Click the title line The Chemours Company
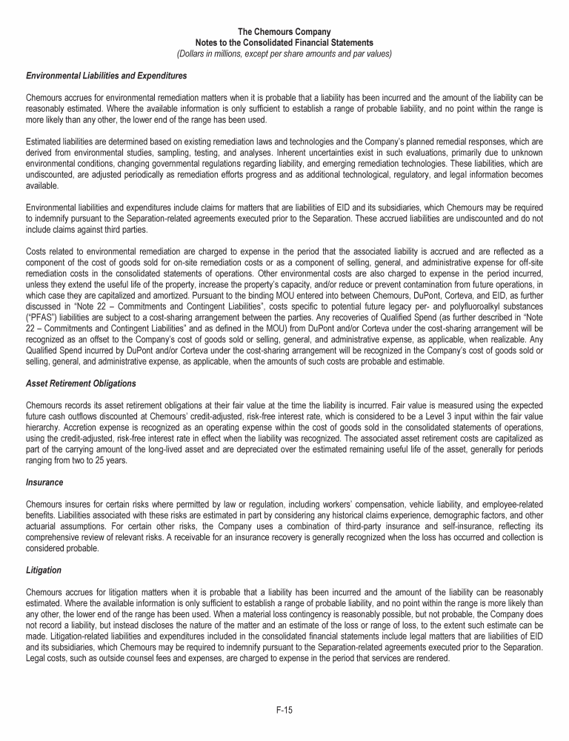(284, 32)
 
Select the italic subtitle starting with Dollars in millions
(284, 53)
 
